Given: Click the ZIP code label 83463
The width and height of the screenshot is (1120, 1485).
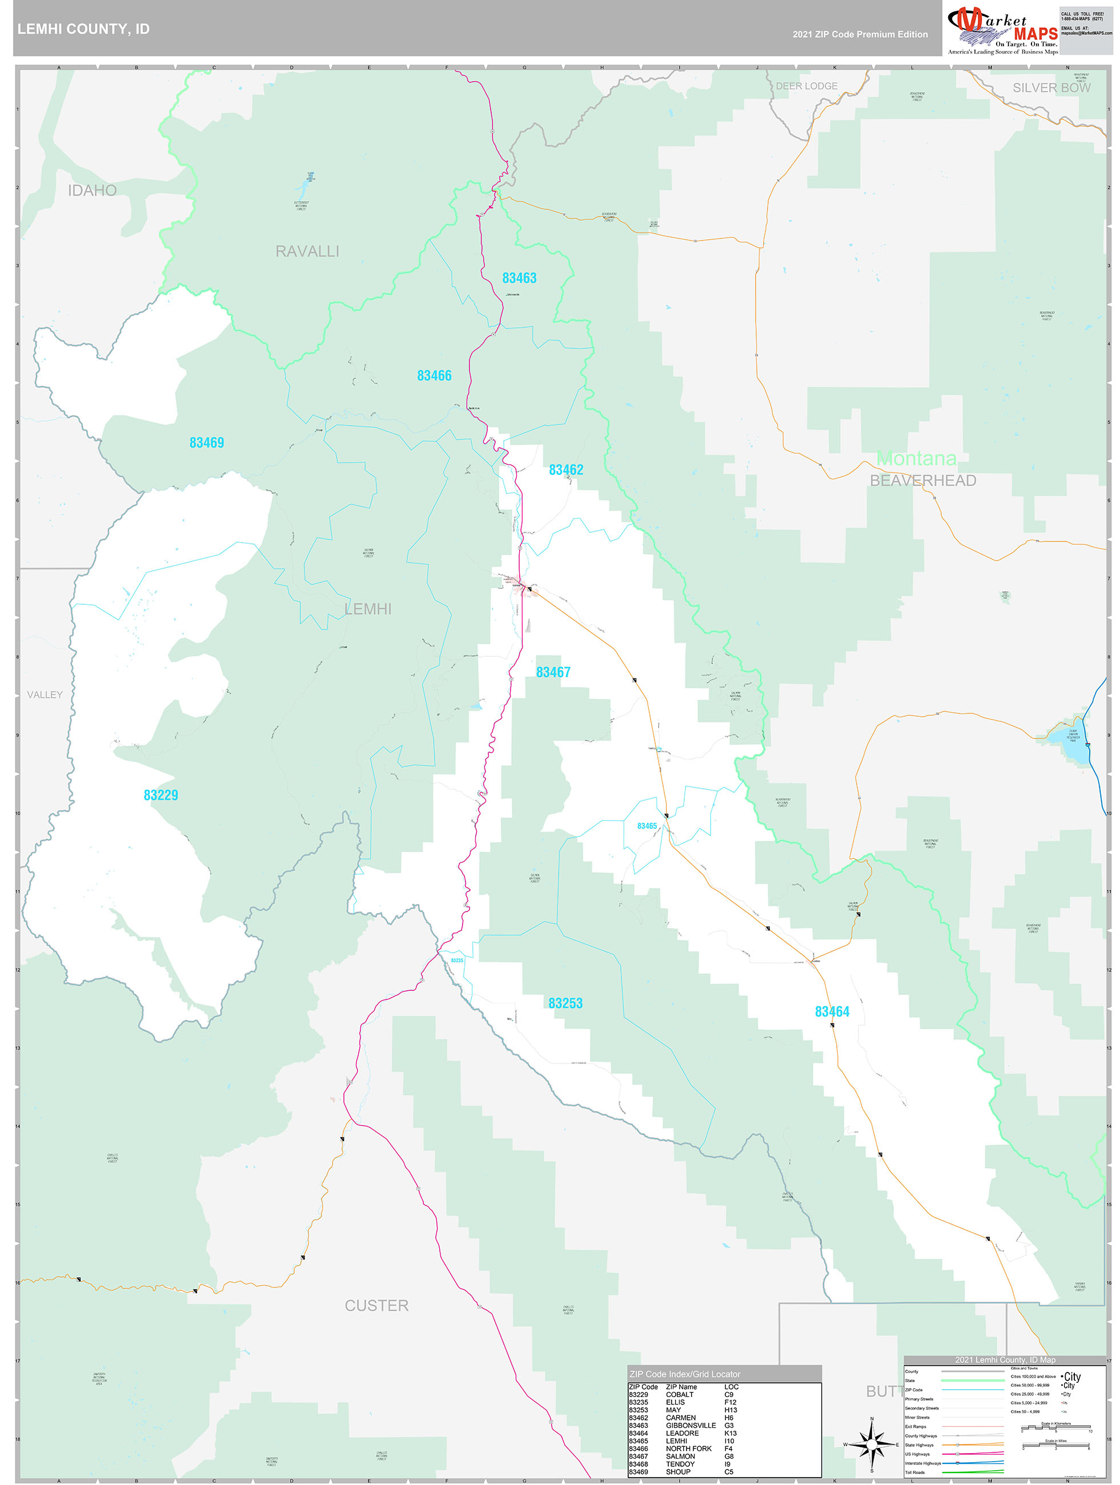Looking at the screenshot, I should pyautogui.click(x=519, y=278).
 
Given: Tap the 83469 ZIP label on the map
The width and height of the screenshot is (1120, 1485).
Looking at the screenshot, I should pyautogui.click(x=206, y=443).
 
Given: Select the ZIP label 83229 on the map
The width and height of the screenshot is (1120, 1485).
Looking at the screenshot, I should pyautogui.click(x=160, y=795).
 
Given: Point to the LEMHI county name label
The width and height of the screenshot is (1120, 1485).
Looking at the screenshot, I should pyautogui.click(x=367, y=609).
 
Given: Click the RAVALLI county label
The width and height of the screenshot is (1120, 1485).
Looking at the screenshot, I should pyautogui.click(x=307, y=251).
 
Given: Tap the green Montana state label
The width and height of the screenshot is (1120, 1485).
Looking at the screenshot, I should pyautogui.click(x=916, y=459).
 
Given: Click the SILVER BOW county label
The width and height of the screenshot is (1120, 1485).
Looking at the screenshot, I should pyautogui.click(x=1051, y=88).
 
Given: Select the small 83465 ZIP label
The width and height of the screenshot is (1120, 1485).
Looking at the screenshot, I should pyautogui.click(x=647, y=826).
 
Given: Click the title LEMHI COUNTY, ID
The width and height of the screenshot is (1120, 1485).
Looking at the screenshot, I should pyautogui.click(x=83, y=29).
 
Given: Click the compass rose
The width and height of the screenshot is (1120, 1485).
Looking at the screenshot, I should pyautogui.click(x=872, y=1444).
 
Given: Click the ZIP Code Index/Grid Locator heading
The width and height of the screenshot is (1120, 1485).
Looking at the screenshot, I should pyautogui.click(x=684, y=1374).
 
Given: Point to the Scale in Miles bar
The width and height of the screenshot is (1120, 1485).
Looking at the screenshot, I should pyautogui.click(x=1055, y=1446).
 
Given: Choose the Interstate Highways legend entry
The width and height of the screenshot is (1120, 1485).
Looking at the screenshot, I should pyautogui.click(x=922, y=1463).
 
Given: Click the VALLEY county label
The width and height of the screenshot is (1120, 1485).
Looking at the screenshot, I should pyautogui.click(x=45, y=695).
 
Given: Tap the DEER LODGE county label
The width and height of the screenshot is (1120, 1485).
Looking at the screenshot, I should pyautogui.click(x=806, y=86).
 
